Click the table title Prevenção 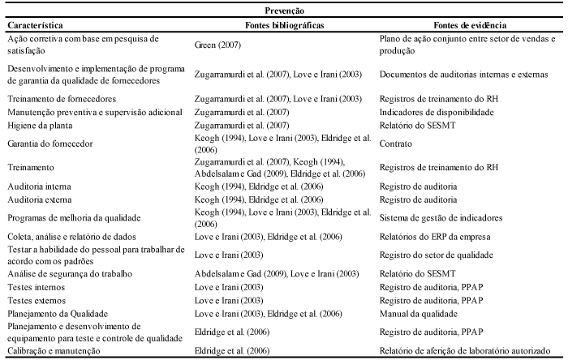click(284, 11)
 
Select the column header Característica click(35, 25)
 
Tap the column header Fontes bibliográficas click(284, 25)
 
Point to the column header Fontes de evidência click(470, 25)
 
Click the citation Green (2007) click(217, 45)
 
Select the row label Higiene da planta click(40, 126)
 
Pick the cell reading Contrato click(396, 144)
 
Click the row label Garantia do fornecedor click(50, 144)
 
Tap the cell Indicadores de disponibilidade click(437, 112)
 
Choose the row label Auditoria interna click(39, 186)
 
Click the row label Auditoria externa click(40, 199)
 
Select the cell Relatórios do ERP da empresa click(435, 237)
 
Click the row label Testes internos click(37, 287)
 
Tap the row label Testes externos click(37, 301)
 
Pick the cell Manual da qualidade click(419, 314)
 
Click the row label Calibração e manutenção click(54, 350)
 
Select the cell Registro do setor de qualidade click(437, 255)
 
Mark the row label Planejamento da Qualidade click(58, 314)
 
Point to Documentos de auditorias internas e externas click(463, 75)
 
